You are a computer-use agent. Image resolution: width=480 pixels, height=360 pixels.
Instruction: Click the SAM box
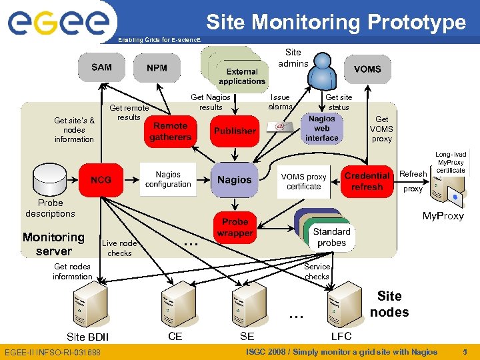[101, 67]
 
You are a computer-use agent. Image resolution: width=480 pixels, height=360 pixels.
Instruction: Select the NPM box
[157, 68]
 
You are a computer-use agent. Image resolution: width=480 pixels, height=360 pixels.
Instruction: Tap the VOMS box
[367, 69]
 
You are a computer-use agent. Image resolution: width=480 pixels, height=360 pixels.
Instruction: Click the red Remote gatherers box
[170, 131]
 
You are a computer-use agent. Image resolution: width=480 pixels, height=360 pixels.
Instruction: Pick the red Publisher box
[234, 131]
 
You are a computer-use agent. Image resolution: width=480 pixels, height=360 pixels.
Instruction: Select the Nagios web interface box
[322, 128]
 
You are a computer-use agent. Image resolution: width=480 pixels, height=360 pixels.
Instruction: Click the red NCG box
[101, 180]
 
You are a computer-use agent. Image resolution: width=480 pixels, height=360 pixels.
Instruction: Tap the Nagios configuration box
[168, 179]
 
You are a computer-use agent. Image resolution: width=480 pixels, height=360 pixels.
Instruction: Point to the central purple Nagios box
[235, 180]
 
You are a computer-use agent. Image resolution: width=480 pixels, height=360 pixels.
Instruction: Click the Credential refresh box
[367, 181]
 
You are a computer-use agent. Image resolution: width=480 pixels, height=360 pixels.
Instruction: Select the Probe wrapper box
[235, 227]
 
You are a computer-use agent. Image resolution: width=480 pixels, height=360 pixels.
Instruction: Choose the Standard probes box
[331, 237]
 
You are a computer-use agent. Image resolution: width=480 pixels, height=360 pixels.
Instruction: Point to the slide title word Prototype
[416, 22]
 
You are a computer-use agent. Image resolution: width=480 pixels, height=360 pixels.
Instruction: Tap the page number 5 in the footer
[465, 352]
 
